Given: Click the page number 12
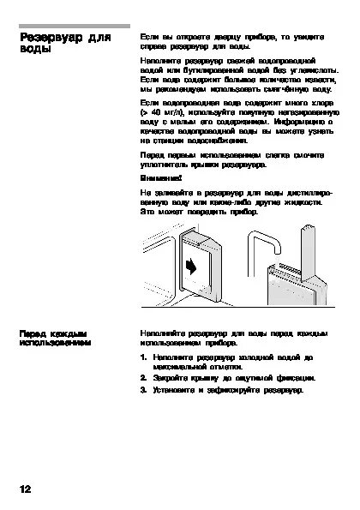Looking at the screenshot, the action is tap(25, 489).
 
